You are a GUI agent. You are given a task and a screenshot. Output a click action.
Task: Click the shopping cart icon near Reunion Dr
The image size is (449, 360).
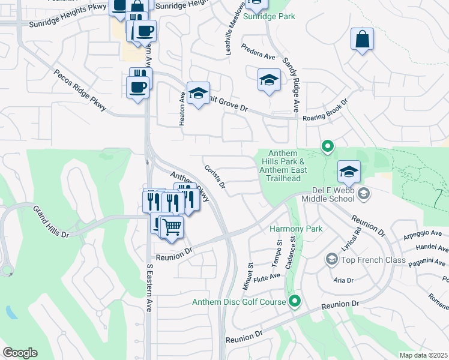pos(172,227)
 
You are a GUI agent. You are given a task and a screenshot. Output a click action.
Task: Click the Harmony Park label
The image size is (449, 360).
pos(296,229)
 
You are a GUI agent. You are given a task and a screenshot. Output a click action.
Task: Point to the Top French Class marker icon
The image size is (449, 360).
pos(331,259)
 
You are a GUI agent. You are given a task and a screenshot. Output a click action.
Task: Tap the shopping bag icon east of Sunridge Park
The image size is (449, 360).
pos(363,40)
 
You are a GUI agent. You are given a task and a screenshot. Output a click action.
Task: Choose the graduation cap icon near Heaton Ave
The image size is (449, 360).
pos(198,93)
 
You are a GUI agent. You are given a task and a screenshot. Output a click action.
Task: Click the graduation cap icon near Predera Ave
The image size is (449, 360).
pos(269,80)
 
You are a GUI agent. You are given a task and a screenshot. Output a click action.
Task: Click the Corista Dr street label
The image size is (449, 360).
pos(214,177)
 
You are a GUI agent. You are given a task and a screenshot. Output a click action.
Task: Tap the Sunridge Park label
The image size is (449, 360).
pos(269,16)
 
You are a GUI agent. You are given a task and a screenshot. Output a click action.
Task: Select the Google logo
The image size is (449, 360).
pos(20,353)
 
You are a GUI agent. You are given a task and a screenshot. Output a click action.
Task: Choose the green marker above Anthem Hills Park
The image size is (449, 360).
pos(327,145)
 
